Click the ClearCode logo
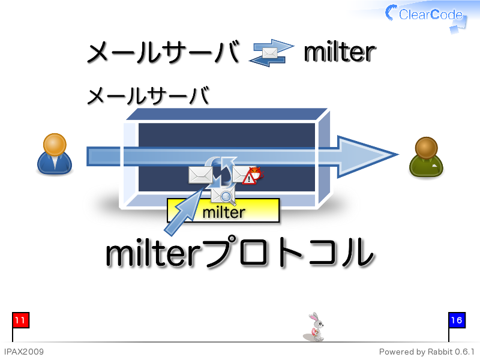coord(425,16)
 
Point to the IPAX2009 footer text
coord(24,352)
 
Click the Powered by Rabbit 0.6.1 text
coord(427,352)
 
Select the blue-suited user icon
coord(55,154)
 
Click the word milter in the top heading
coord(340,52)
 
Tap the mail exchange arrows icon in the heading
coord(271,53)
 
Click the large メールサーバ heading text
coord(163,52)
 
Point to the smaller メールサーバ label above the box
coord(148,95)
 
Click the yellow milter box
coord(223,211)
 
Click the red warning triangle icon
coord(249,178)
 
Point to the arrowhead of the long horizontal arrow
coord(398,155)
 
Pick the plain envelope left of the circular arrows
coord(200,175)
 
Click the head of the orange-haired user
coord(55,144)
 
